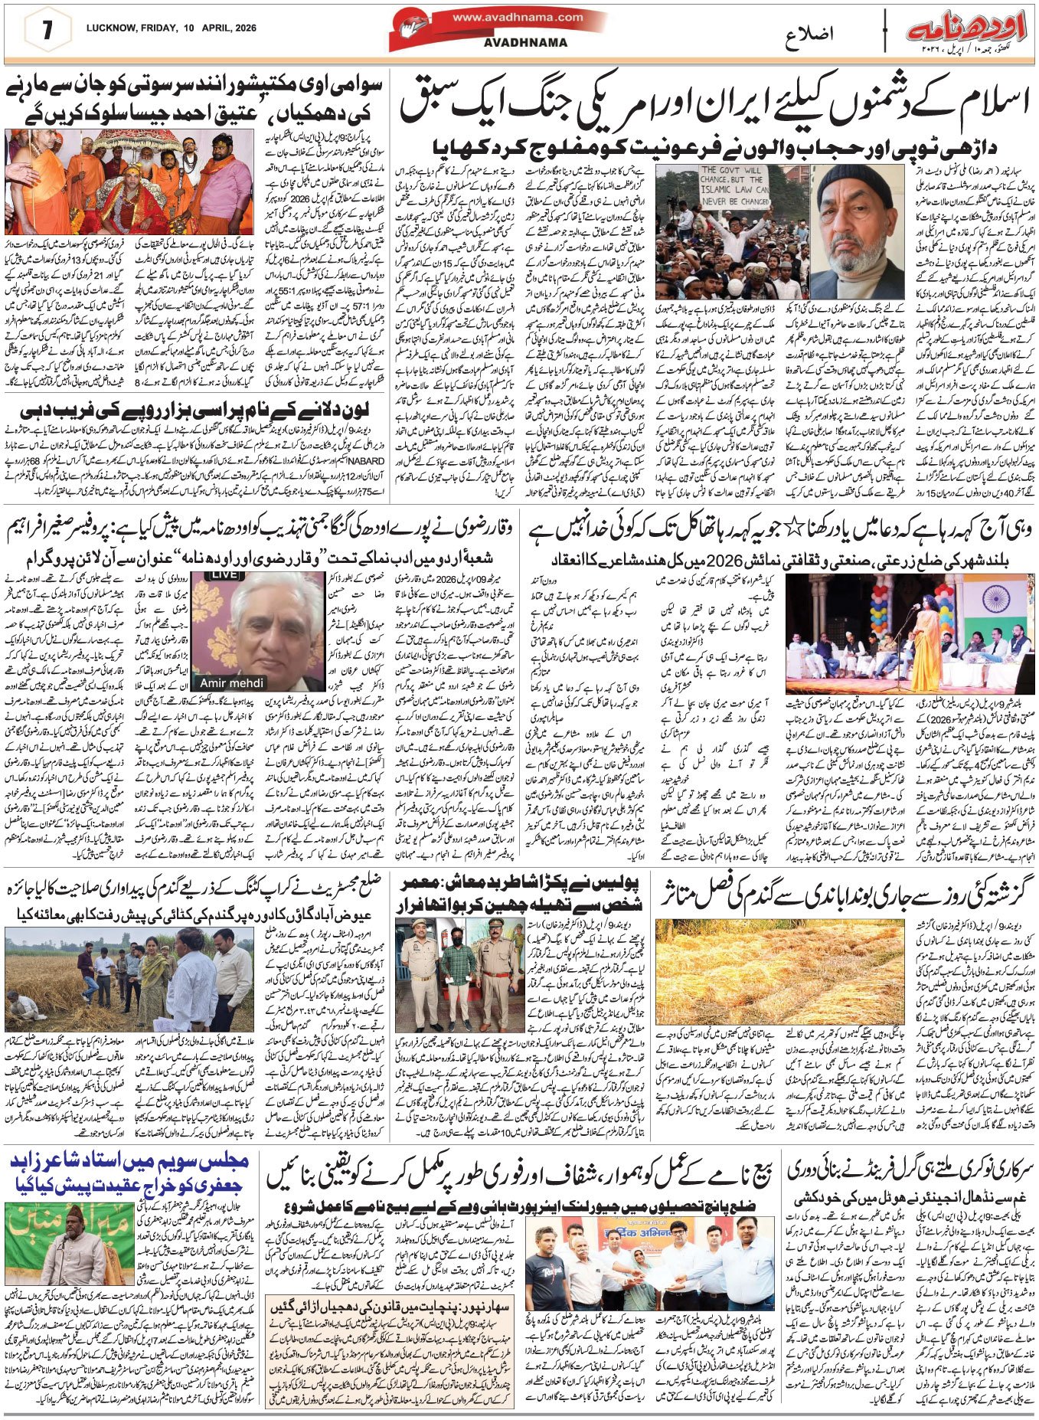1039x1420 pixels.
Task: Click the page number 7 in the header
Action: tap(47, 31)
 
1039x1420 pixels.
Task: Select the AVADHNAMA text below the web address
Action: tap(525, 43)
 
